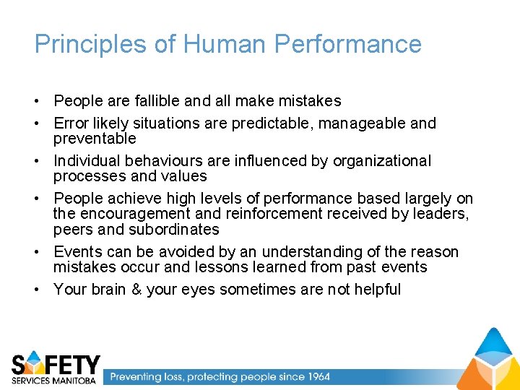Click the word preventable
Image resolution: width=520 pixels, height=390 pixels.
click(x=95, y=138)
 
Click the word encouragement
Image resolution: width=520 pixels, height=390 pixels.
click(x=134, y=214)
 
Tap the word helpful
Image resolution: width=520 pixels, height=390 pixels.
click(x=374, y=290)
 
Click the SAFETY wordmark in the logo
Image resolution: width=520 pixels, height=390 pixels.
click(x=56, y=363)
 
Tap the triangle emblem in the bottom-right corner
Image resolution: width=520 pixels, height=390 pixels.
click(x=489, y=360)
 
